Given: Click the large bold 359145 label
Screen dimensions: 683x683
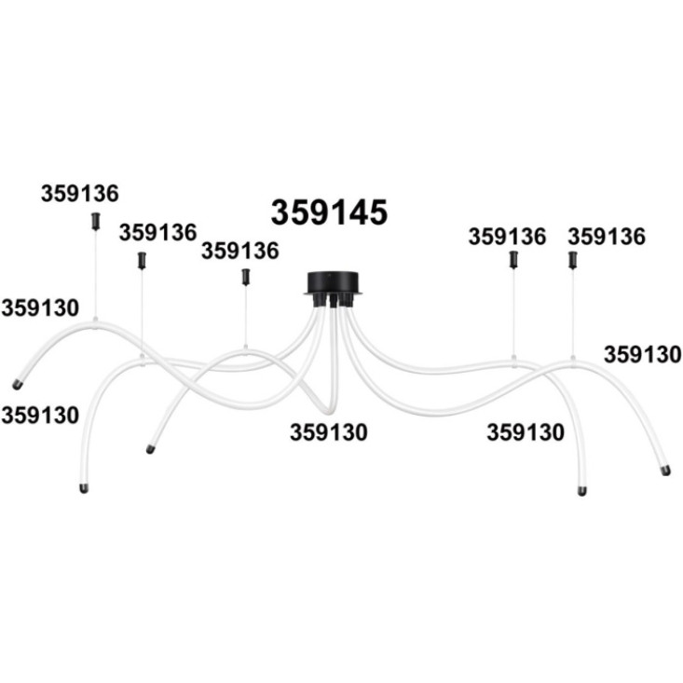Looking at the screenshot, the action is point(329,212).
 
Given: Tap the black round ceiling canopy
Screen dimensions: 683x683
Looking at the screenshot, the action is point(334,283).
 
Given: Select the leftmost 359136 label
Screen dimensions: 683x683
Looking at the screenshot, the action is point(80,194).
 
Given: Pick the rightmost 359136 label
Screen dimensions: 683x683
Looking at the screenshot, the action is point(607,237).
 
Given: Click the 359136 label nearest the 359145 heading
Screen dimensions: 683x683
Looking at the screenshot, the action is point(240,251).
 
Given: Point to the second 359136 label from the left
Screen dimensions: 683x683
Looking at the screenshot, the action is point(158,233).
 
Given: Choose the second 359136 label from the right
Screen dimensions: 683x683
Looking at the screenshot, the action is point(507,237).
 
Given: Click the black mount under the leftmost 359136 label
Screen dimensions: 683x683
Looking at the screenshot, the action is point(95,221).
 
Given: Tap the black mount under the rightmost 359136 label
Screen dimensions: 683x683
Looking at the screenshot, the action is point(573,260).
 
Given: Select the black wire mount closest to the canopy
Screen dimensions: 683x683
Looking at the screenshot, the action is point(246,277).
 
